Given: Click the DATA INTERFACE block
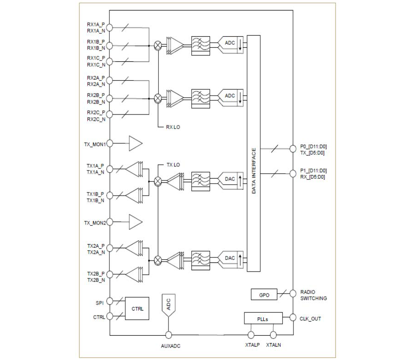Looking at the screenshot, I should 253,153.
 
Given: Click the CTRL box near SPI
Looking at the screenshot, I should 137,309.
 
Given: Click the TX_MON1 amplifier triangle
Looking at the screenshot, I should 135,144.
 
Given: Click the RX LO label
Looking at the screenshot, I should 174,128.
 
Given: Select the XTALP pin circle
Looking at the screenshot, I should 251,335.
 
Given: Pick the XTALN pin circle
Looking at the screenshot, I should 273,335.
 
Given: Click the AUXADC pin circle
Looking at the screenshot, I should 168,335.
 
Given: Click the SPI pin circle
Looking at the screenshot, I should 109,302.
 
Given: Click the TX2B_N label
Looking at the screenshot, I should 96,279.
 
